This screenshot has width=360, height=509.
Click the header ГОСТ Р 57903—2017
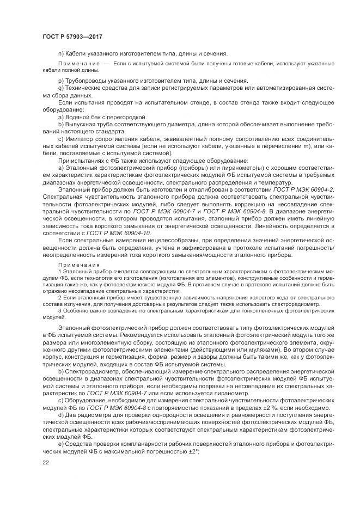(x=72, y=36)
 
